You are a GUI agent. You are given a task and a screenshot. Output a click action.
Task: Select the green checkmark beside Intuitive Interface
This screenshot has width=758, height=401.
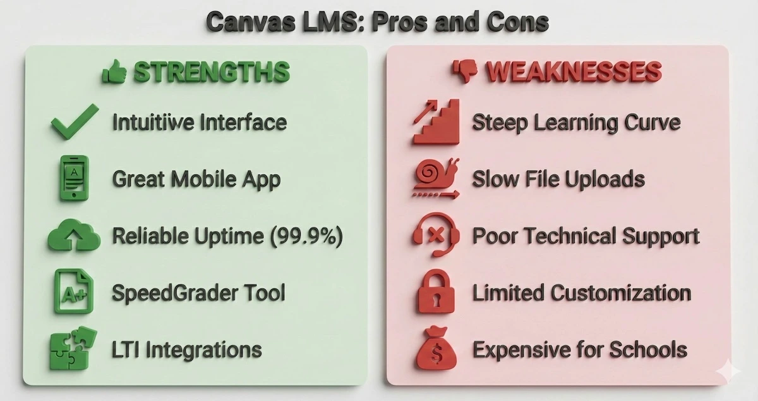[x=75, y=122]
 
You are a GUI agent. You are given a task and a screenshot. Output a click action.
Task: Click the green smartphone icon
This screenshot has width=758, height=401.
[x=75, y=179]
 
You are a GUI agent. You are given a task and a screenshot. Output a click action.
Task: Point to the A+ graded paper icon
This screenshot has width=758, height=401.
[x=74, y=292]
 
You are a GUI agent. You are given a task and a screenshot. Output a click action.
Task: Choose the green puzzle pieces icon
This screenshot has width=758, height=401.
[x=74, y=349]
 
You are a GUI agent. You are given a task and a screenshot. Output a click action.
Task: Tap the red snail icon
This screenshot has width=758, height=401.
[x=436, y=179]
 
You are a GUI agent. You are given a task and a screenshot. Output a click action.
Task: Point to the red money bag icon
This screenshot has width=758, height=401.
[x=436, y=349]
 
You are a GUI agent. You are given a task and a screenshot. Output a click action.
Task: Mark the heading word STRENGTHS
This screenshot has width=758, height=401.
[x=212, y=73]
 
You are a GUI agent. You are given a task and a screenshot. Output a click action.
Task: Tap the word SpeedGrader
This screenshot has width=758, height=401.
[x=172, y=293]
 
